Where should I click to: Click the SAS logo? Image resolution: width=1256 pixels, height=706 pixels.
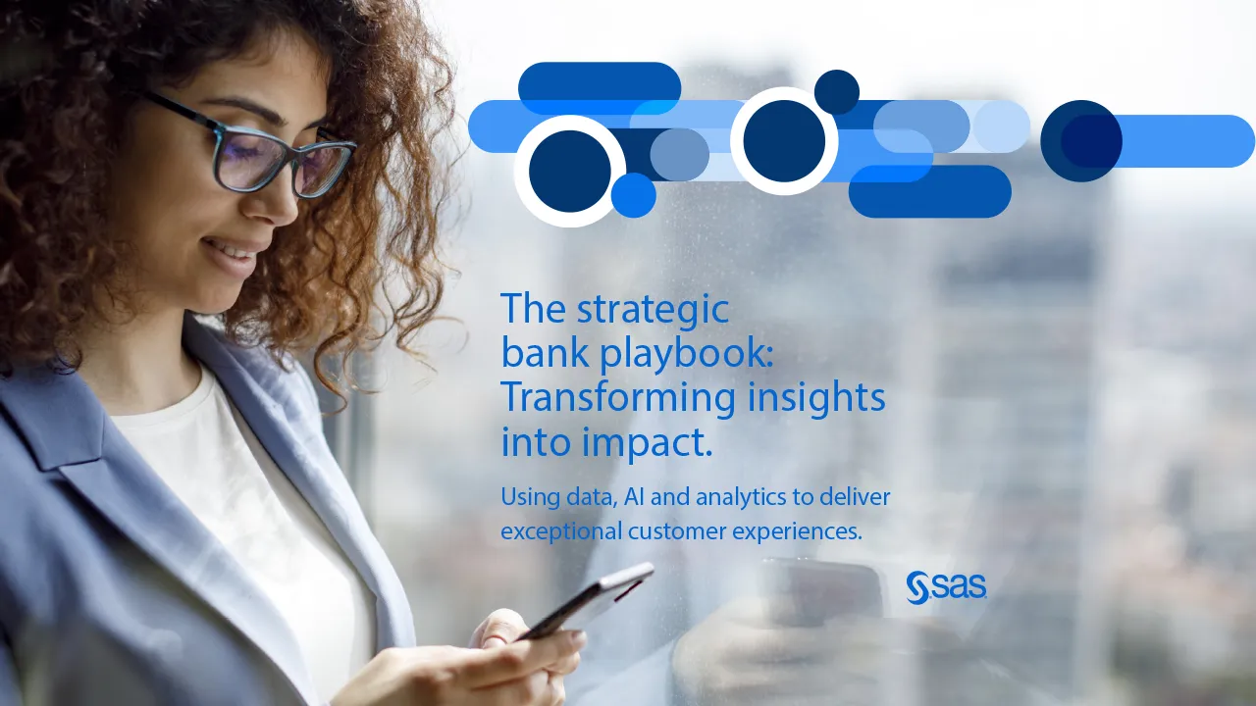tap(946, 587)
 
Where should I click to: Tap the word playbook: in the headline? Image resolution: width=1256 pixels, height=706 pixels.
tap(687, 355)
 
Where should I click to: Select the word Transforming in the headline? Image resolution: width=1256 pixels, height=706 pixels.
tap(617, 399)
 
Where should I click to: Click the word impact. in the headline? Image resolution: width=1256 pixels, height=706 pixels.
tap(647, 441)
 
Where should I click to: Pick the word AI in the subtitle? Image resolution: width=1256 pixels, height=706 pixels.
tap(634, 497)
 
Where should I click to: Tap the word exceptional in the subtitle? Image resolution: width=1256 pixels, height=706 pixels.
tap(561, 531)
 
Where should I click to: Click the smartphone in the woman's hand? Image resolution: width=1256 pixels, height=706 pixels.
tap(586, 601)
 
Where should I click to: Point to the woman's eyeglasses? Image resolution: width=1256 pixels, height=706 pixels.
tap(253, 148)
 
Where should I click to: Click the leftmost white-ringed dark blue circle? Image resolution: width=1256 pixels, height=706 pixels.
tap(570, 171)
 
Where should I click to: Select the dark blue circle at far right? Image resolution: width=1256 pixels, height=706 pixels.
tap(1081, 140)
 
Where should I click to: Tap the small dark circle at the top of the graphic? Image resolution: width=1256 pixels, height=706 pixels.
tap(837, 92)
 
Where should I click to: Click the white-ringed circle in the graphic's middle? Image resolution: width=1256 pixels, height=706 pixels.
tap(784, 141)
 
